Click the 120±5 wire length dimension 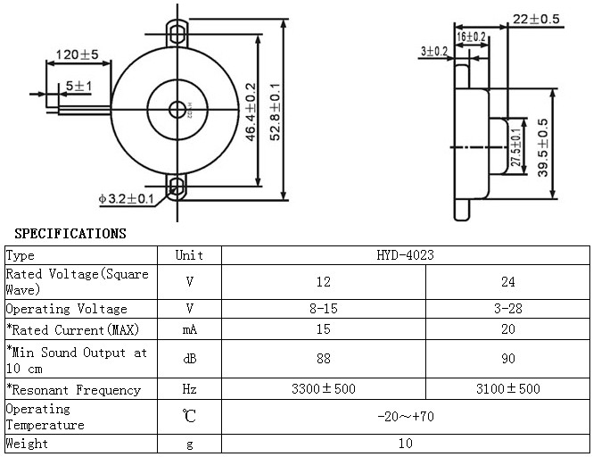coord(78,54)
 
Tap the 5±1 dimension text coord(78,86)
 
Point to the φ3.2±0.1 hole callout coord(126,199)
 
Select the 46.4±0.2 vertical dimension coord(251,112)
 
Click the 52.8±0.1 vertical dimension coord(276,112)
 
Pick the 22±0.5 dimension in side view coord(536,19)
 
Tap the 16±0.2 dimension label coord(471,37)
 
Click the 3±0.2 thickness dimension coord(434,51)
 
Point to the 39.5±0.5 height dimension coord(543,147)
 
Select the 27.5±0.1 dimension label coord(515,147)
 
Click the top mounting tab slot coord(177,33)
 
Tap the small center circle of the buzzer coord(177,110)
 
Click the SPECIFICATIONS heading coord(70,234)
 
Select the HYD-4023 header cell coord(406,255)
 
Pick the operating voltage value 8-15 coord(324,309)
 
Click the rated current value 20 coord(508,329)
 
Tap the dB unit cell coord(189,359)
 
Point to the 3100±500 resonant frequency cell coord(508,389)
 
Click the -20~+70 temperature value coord(406,417)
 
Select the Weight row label coord(28,444)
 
